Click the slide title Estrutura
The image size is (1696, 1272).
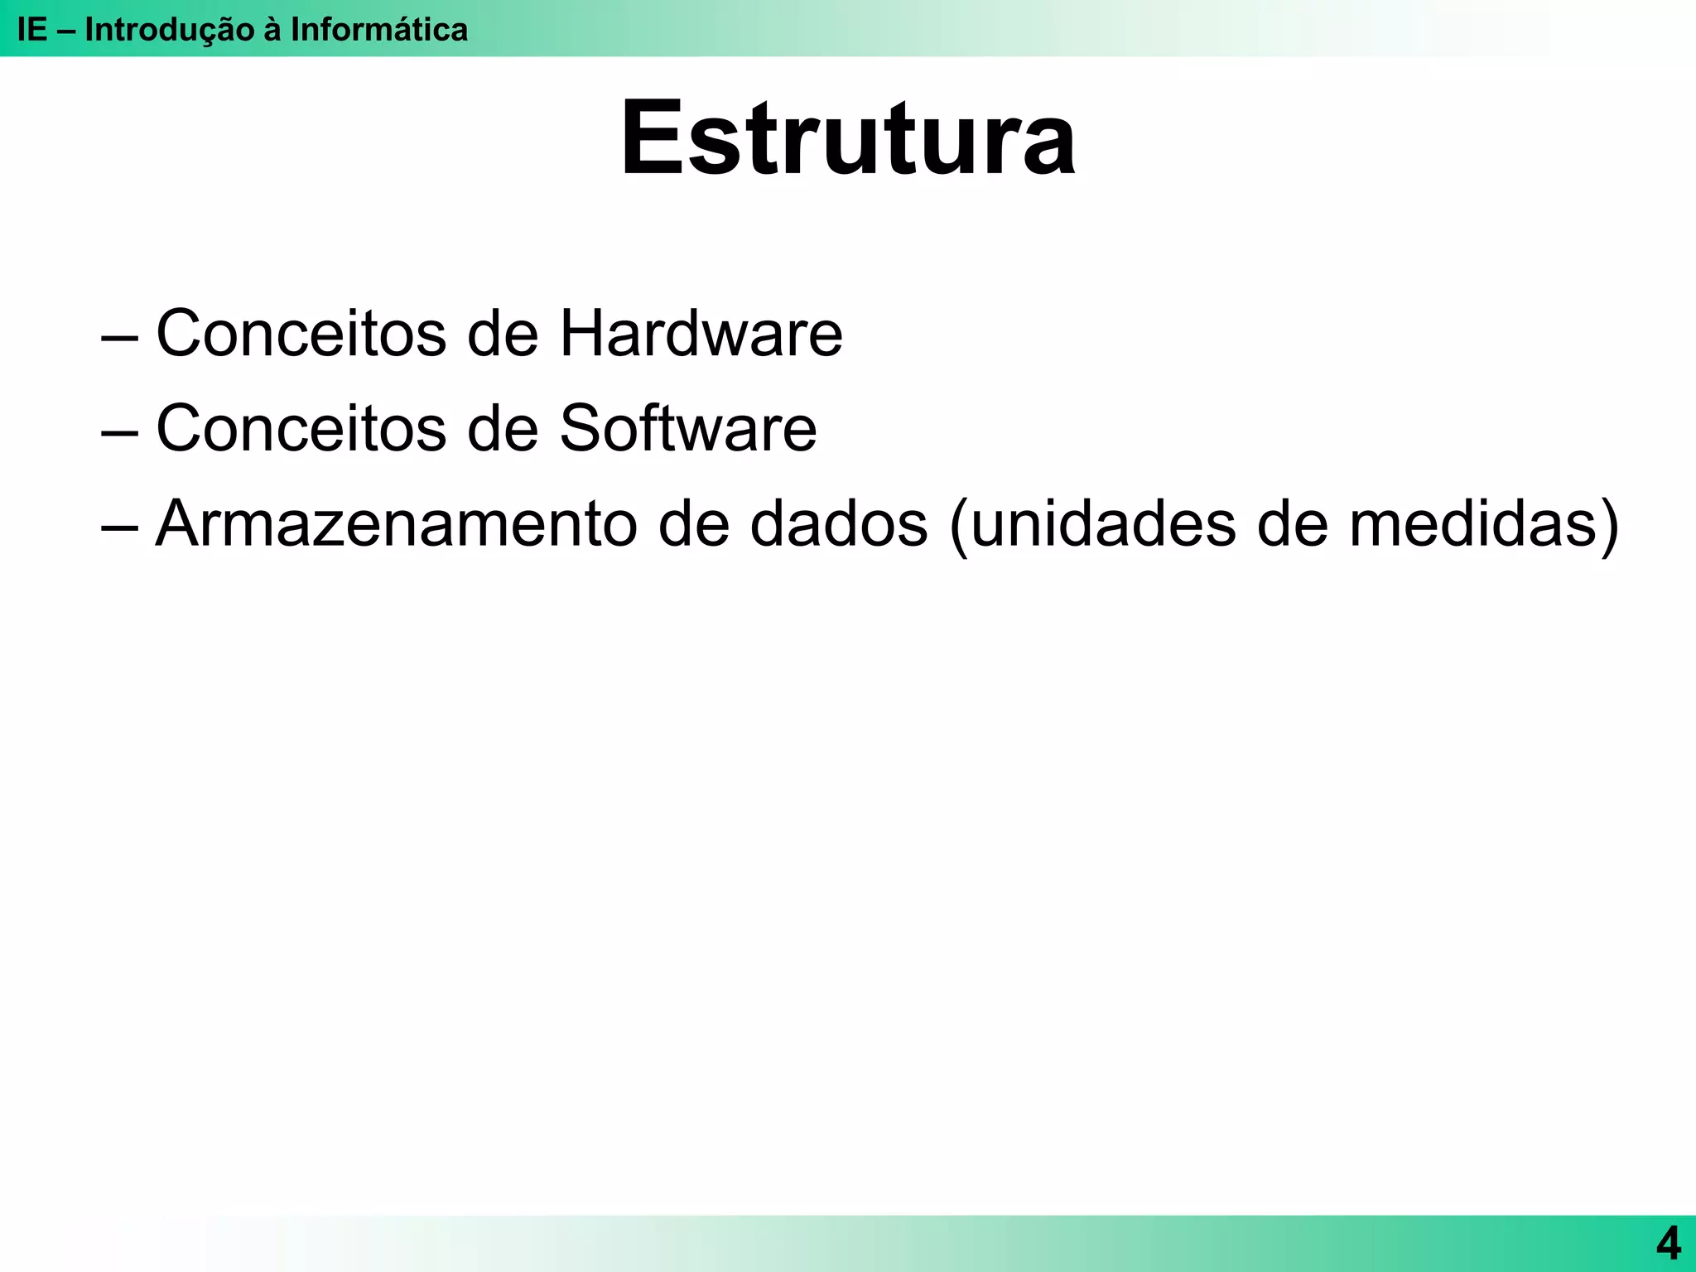(848, 138)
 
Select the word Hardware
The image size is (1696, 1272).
(701, 333)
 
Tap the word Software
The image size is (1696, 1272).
(687, 428)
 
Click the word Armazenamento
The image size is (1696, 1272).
(396, 523)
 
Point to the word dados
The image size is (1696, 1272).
(838, 523)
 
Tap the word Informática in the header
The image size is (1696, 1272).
(378, 30)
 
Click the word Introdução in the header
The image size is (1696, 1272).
(169, 30)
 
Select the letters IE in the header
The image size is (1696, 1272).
(32, 30)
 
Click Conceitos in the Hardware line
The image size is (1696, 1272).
(301, 333)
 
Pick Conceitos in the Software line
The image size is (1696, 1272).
(301, 428)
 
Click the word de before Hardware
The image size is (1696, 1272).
(503, 333)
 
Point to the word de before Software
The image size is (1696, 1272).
(503, 428)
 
